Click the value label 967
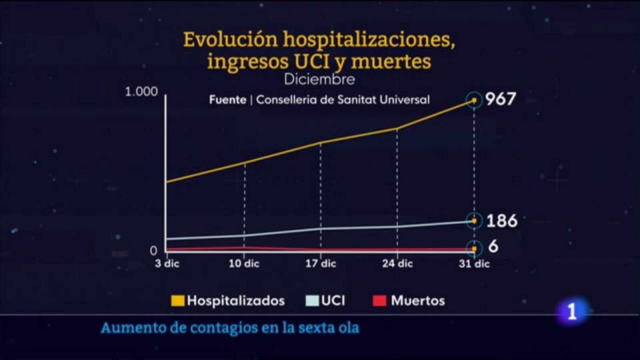coord(500,99)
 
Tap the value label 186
coord(502,221)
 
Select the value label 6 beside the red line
coord(494,247)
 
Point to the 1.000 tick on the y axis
coord(142,92)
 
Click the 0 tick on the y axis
coord(153,251)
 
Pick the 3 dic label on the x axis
coord(167,264)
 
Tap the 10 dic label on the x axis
coord(244,264)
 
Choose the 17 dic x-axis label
coord(321,264)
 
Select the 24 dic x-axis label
coord(397,264)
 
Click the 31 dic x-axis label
coord(474,264)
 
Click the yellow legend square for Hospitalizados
coord(178,301)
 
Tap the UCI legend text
coord(333,301)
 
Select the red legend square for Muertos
coord(379,301)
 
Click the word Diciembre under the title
coord(320,79)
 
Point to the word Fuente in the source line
coord(228,100)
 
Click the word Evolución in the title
coord(230,40)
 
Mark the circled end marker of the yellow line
coord(474,100)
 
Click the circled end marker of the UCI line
coord(474,221)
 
